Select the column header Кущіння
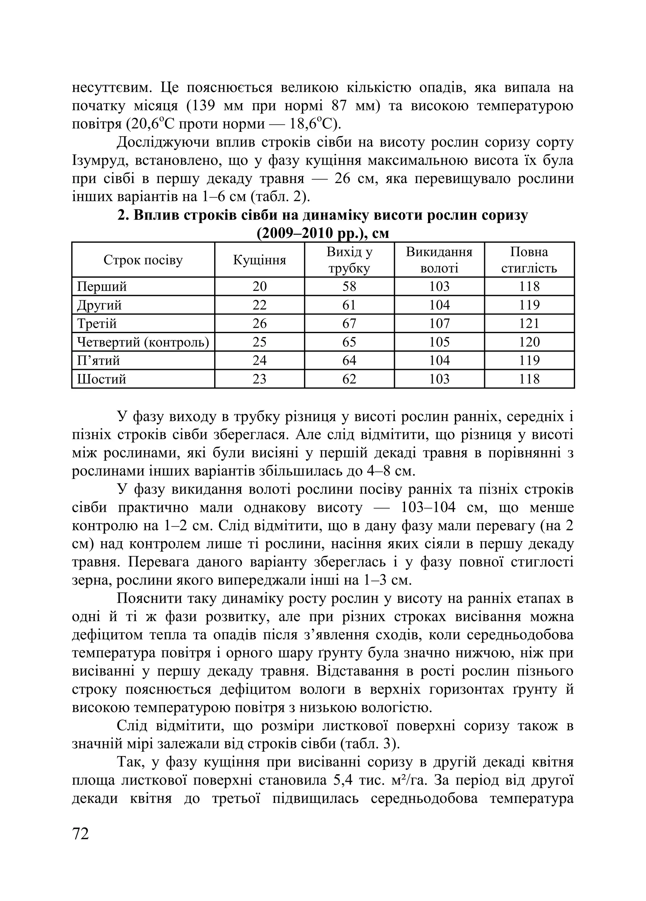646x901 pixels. point(259,260)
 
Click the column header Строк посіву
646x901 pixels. point(143,260)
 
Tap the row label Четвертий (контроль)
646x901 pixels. point(143,342)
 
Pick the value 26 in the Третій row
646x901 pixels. point(259,323)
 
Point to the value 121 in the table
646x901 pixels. point(529,323)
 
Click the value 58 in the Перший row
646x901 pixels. point(349,286)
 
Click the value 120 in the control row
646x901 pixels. point(529,342)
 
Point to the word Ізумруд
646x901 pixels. point(99,161)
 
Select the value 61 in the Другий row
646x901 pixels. point(349,305)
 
